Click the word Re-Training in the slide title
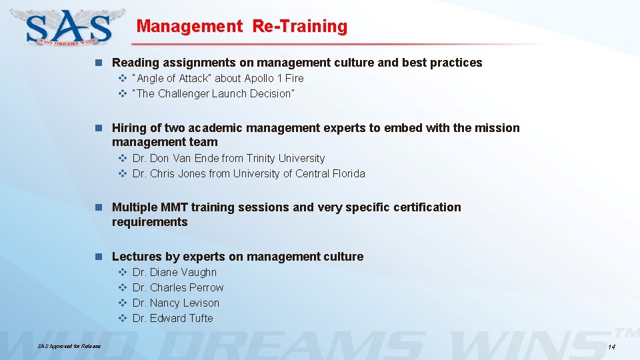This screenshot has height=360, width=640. click(x=299, y=26)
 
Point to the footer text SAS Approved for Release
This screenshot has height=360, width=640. click(x=69, y=347)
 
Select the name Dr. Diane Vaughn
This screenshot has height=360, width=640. click(x=174, y=272)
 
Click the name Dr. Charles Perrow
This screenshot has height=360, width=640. click(x=178, y=287)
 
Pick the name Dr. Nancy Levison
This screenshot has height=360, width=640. click(x=175, y=303)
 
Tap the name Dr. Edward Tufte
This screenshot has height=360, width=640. click(x=173, y=318)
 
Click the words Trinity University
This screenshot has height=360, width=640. click(x=285, y=158)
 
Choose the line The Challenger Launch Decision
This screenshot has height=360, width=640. click(x=213, y=93)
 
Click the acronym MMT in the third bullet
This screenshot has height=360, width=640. click(x=169, y=207)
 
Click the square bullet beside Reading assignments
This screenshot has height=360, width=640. click(x=99, y=63)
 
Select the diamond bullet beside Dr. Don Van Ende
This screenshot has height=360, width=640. click(x=123, y=158)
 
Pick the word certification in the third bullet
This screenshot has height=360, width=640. click(x=425, y=207)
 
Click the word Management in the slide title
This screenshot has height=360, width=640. click(x=190, y=26)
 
